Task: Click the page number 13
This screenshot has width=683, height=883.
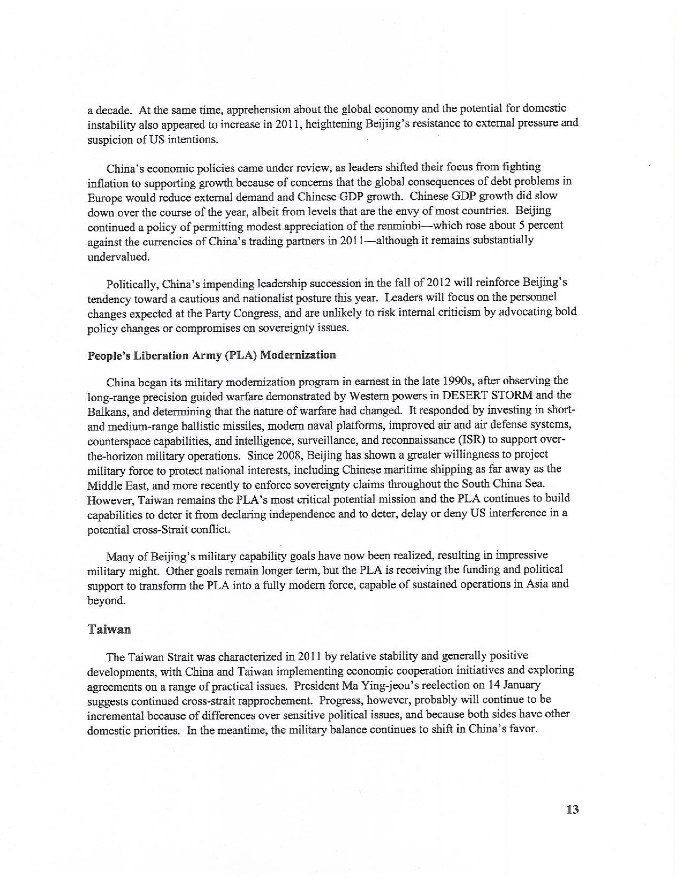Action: (573, 809)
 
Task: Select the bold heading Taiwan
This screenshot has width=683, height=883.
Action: (109, 630)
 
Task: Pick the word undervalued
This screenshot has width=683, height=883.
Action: (118, 257)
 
